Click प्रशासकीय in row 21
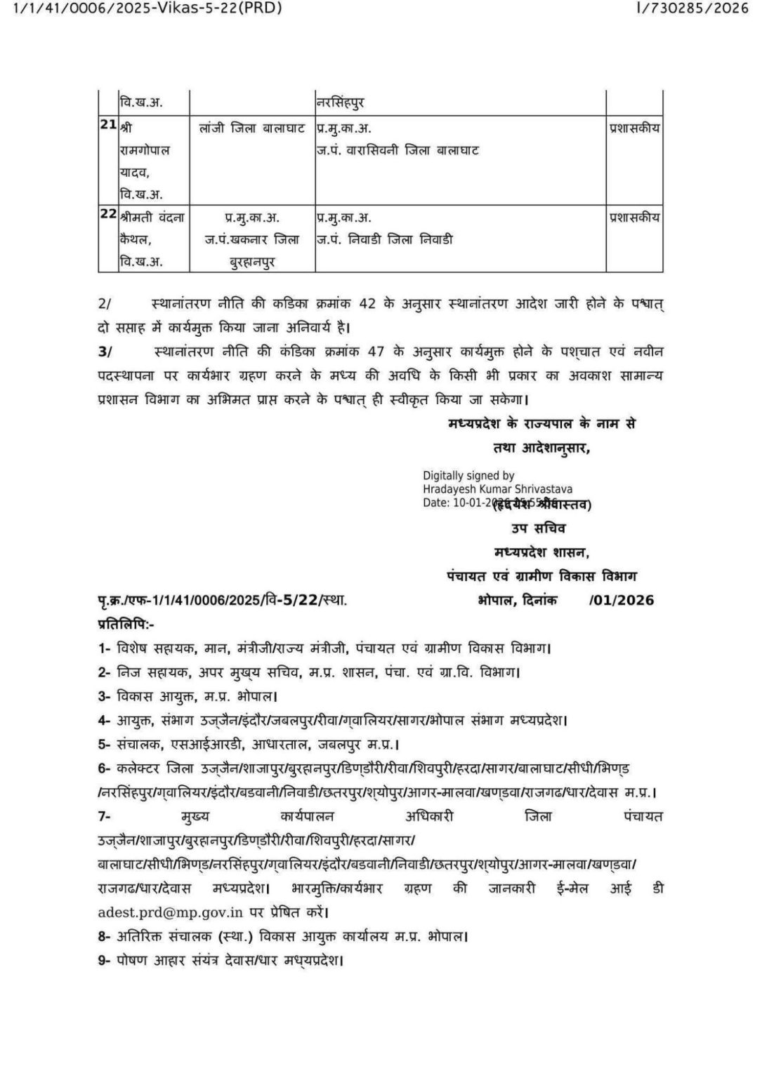pyautogui.click(x=634, y=128)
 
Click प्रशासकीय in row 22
pyautogui.click(x=634, y=217)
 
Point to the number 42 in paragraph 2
pyautogui.click(x=367, y=304)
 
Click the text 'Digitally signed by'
pyautogui.click(x=468, y=476)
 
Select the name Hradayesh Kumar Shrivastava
pyautogui.click(x=497, y=489)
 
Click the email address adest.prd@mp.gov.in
pyautogui.click(x=171, y=912)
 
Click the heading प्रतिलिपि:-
pyautogui.click(x=126, y=623)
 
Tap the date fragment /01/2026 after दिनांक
pyautogui.click(x=622, y=600)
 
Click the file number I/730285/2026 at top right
pyautogui.click(x=692, y=9)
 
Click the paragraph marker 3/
pyautogui.click(x=104, y=351)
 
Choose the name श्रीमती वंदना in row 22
pyautogui.click(x=152, y=217)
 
